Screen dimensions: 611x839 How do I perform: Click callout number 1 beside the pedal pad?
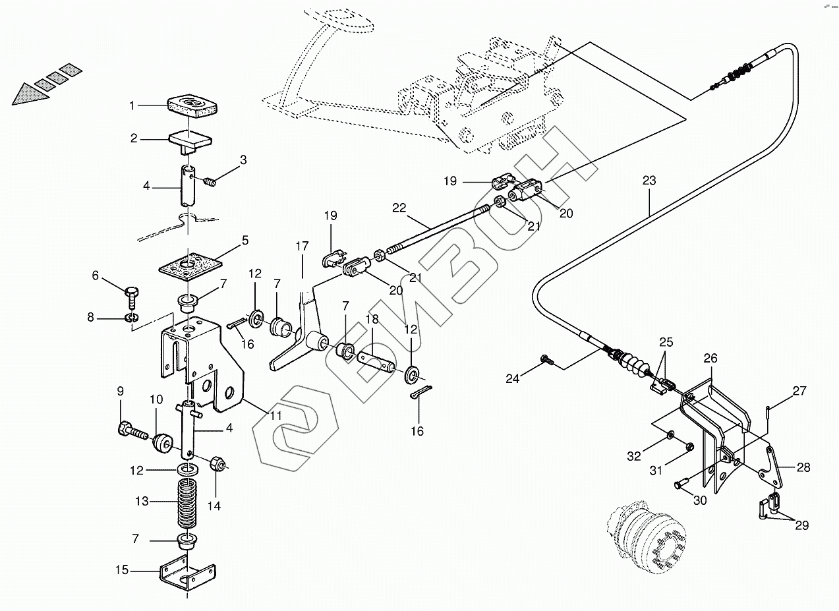(x=132, y=105)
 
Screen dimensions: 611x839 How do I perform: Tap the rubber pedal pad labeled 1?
(x=192, y=105)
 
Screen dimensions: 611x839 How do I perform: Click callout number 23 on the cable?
(x=649, y=180)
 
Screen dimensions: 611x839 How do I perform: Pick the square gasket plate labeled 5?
(x=191, y=264)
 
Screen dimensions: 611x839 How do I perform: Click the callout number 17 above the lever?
(x=302, y=247)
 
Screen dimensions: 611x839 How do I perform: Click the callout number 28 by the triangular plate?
(x=803, y=468)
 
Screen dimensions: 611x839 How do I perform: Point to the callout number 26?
(x=710, y=359)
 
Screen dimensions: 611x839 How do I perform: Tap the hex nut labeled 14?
(x=217, y=465)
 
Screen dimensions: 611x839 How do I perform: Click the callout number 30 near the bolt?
(x=699, y=500)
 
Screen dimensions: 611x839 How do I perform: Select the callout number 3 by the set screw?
(x=243, y=160)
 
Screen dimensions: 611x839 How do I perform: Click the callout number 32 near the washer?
(x=633, y=456)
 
